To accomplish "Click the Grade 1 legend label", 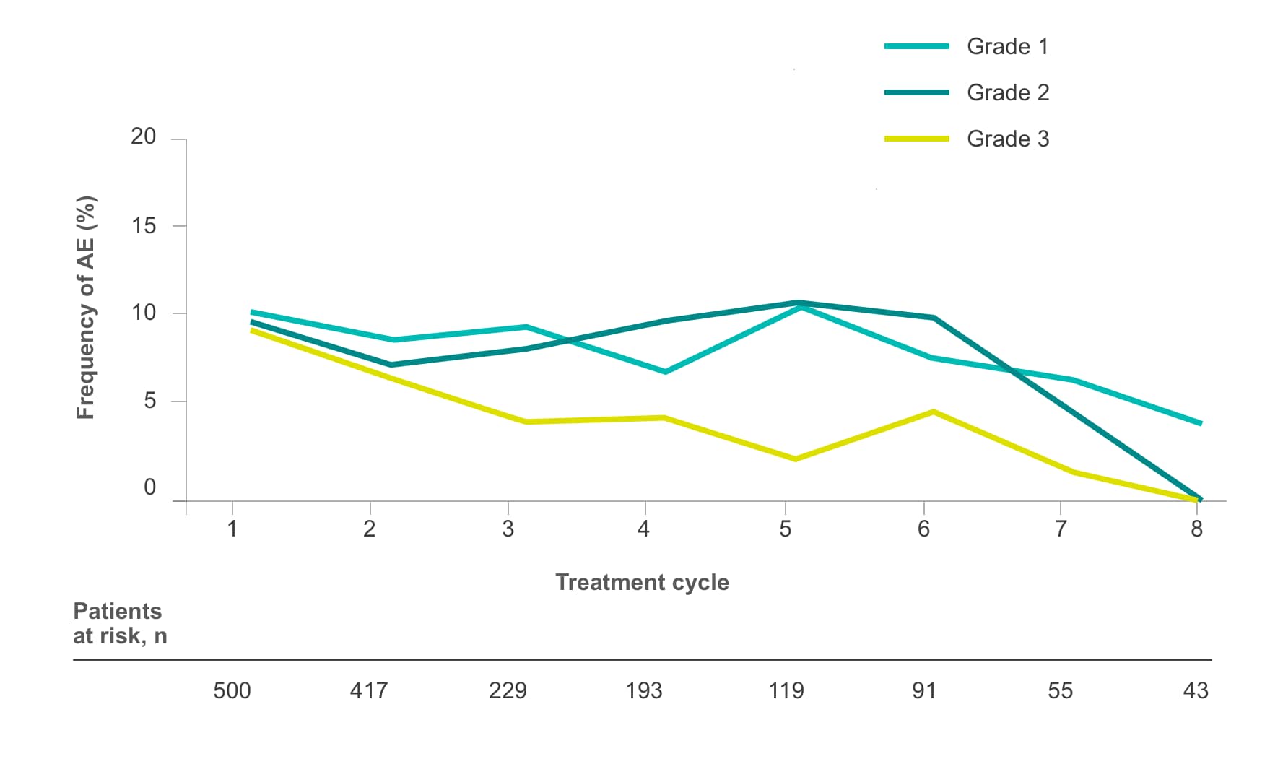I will coord(1006,46).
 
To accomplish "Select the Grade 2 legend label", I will coord(1007,92).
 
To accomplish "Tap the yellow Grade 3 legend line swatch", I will coord(916,139).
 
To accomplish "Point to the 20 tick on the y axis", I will coord(143,136).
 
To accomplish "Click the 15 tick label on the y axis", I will coord(143,226).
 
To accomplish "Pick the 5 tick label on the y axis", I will coord(149,401).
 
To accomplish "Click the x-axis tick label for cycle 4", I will coord(643,529).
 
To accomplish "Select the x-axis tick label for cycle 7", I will coord(1060,529).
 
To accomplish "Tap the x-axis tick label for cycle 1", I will coord(232,529).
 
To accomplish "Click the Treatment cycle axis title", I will coord(642,582).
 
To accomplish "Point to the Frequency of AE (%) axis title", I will coord(85,308).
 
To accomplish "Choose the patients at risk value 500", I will coord(232,691).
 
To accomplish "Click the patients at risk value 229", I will coord(508,691).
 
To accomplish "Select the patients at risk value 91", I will coord(923,691).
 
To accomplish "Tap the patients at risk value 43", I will coord(1196,691).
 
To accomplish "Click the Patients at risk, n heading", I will coord(119,623).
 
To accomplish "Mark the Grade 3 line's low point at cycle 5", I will coord(795,459).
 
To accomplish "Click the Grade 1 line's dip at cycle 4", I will coord(665,372).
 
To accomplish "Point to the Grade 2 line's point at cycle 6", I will coord(934,318).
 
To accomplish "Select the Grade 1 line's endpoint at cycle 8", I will coord(1200,423).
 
